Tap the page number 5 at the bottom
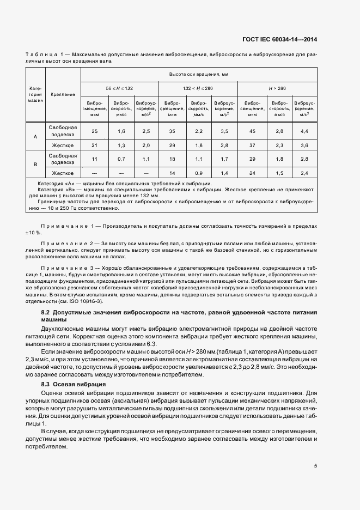click(x=315, y=466)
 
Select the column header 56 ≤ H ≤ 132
click(x=119, y=88)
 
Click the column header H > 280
click(x=277, y=88)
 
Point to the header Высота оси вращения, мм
click(x=198, y=74)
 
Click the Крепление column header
click(x=63, y=94)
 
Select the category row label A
click(x=35, y=137)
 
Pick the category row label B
click(x=35, y=164)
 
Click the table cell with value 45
click(x=252, y=131)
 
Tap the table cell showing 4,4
click(x=304, y=131)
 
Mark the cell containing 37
click(x=252, y=145)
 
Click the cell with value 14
click(x=172, y=173)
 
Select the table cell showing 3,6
click(x=304, y=145)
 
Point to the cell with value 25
click(x=94, y=131)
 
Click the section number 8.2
click(x=46, y=312)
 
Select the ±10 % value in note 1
click(x=34, y=233)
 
